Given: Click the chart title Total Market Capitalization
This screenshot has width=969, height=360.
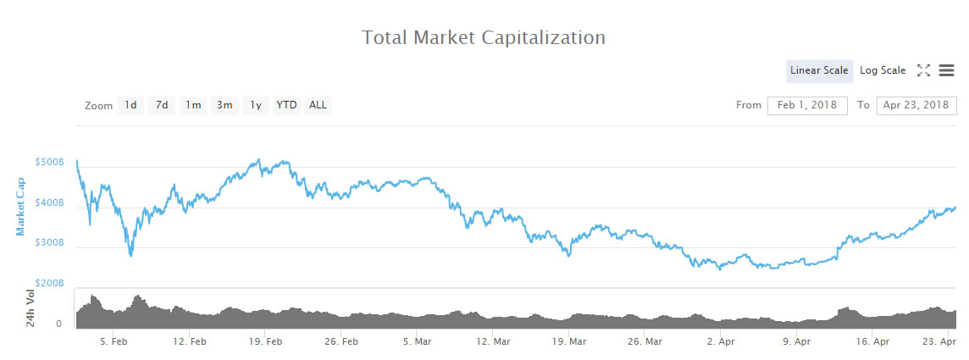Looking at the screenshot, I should point(484,38).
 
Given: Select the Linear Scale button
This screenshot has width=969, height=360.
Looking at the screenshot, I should point(819,70).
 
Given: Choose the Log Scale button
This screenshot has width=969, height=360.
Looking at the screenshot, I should point(883,70).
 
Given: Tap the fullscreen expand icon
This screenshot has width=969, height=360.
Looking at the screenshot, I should point(924,70).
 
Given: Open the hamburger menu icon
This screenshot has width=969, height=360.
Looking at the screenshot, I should point(946,70).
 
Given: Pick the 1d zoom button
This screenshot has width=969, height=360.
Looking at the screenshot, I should point(130,105).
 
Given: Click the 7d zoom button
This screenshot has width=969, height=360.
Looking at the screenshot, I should point(161,105).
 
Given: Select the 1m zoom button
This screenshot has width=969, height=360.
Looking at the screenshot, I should point(194,105).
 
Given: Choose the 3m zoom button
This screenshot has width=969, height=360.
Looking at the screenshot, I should point(224,105).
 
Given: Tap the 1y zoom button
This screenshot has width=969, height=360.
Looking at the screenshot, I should point(255,105).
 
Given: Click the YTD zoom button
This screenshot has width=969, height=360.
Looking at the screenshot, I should point(287,105).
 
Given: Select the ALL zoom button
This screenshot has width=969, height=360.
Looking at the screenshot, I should point(318,105).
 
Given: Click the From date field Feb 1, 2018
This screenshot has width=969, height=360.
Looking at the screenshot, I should point(807,105).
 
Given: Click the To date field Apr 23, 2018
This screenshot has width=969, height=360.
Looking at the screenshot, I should point(916,105).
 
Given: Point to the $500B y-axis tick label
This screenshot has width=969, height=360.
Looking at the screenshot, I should point(50,162).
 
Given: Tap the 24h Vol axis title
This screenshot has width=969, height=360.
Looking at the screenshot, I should point(31,308).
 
